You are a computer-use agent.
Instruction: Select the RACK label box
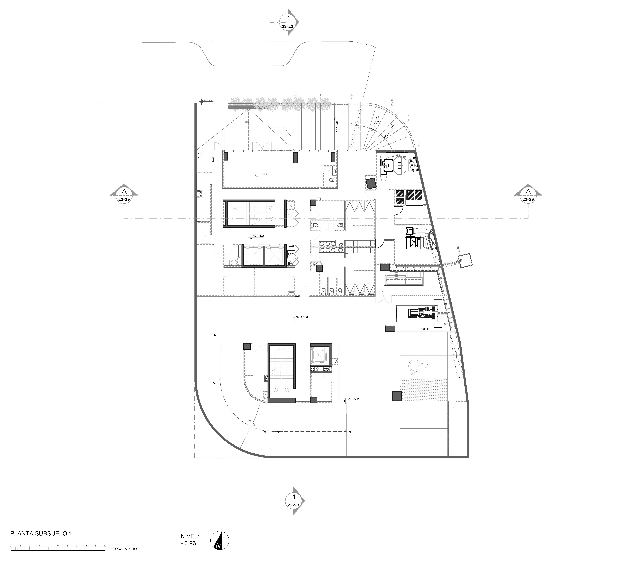coord(291,254)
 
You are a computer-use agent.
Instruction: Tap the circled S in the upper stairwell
coord(271,207)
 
